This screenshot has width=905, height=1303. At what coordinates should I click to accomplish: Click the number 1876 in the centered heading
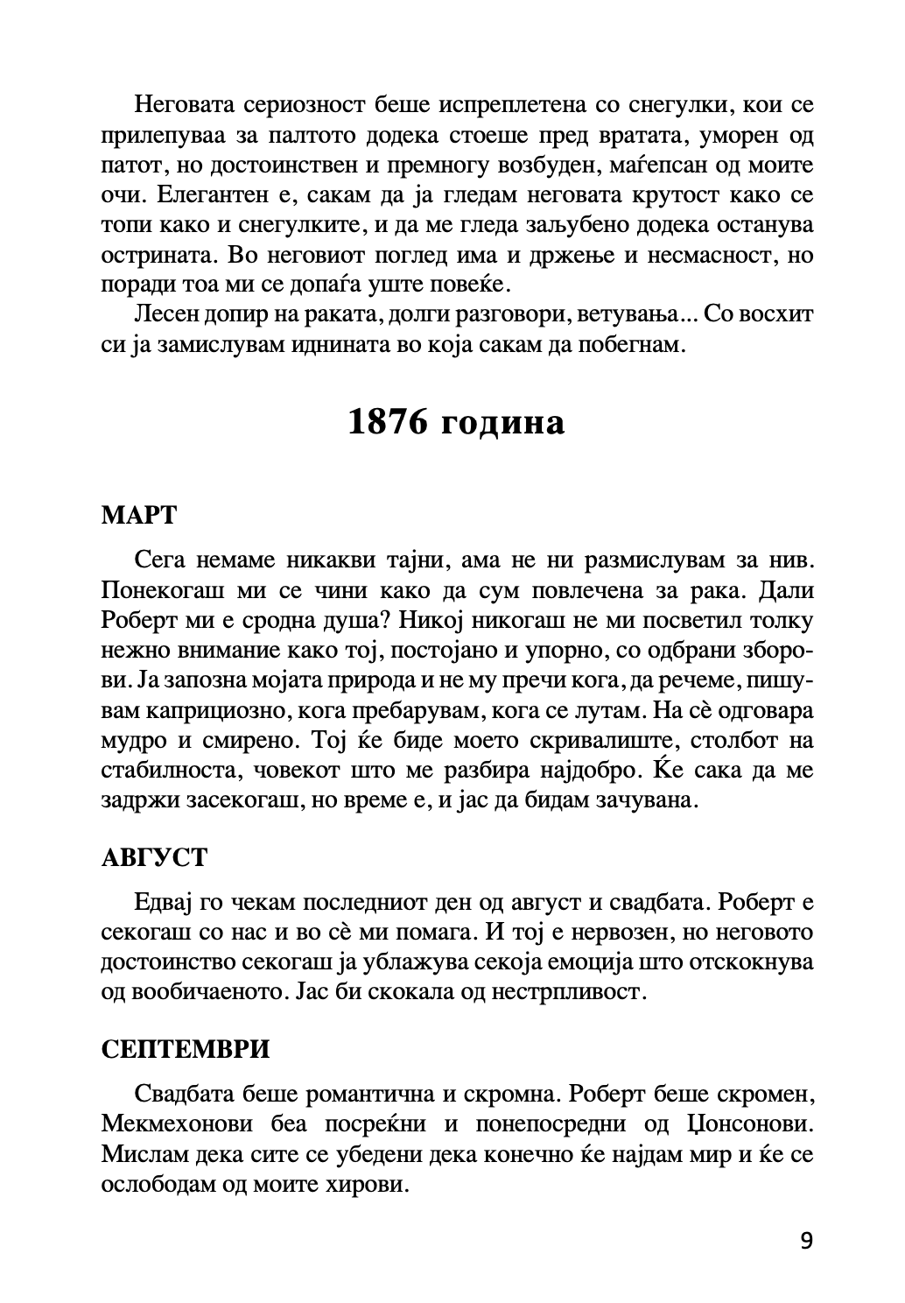coord(387,423)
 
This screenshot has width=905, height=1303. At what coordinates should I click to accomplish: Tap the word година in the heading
coord(502,423)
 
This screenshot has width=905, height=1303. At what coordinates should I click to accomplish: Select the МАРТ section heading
coord(139,515)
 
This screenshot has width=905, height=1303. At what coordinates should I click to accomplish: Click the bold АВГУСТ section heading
coord(155,857)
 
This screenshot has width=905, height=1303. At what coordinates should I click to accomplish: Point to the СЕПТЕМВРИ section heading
coord(186,1049)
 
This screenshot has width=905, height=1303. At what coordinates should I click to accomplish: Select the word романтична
coord(370,1095)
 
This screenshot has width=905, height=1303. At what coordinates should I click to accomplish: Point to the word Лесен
coord(166,315)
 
